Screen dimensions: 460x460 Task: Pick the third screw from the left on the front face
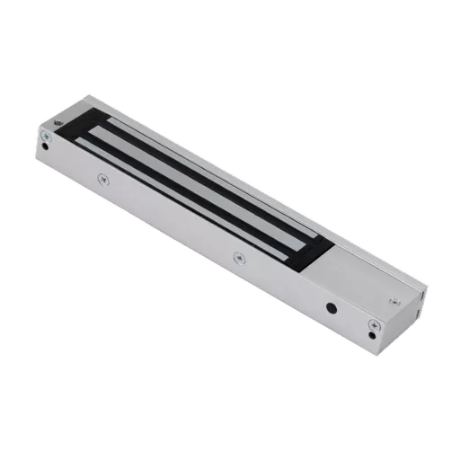[x=239, y=257]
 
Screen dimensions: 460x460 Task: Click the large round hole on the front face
[x=332, y=306]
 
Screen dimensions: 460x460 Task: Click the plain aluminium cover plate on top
[x=359, y=274]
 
